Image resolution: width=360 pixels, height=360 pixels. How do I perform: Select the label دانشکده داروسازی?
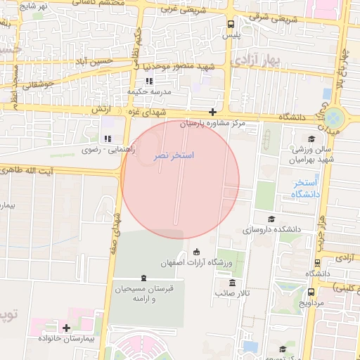click(271, 229)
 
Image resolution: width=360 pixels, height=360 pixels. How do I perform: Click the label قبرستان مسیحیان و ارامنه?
click(143, 293)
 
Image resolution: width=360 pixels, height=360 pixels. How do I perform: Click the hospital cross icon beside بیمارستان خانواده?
click(67, 328)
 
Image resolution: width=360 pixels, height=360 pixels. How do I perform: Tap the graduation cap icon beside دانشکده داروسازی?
click(271, 219)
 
